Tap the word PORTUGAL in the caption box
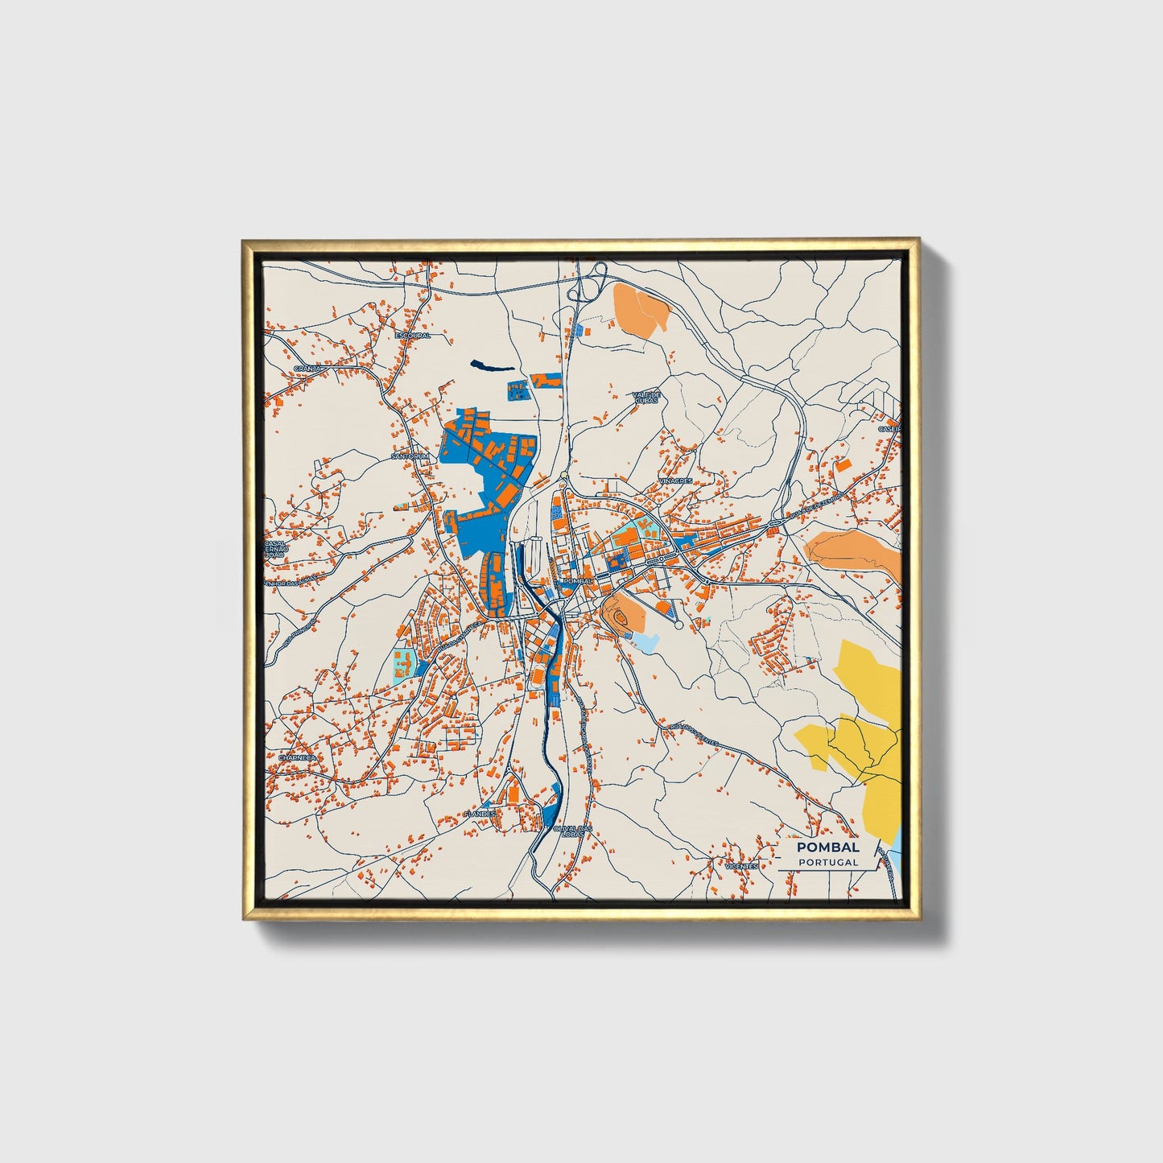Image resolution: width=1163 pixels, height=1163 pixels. tap(827, 862)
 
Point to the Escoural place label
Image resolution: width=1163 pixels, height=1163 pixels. tap(412, 335)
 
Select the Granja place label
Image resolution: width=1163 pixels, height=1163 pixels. tap(307, 368)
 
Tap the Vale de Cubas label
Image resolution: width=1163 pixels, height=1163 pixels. tap(646, 397)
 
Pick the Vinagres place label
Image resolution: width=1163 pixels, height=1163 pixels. tap(674, 480)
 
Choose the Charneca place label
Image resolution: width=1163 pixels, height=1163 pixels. tap(297, 757)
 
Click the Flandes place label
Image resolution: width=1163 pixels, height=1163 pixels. tap(480, 815)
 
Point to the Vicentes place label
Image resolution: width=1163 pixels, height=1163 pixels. tap(740, 866)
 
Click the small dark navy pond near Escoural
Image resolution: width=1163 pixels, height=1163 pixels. tap(490, 366)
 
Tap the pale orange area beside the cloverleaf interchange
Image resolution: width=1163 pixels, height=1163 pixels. tap(641, 307)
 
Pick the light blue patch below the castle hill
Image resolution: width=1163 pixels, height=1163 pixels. tap(646, 641)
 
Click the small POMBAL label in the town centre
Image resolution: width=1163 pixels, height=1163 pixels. tap(578, 580)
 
